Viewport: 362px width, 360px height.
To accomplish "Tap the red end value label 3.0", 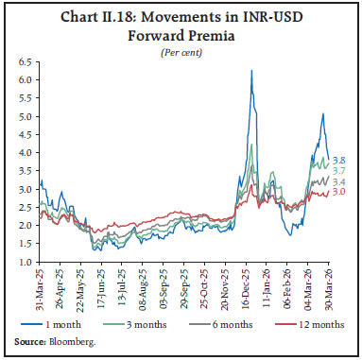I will coord(338,192).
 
